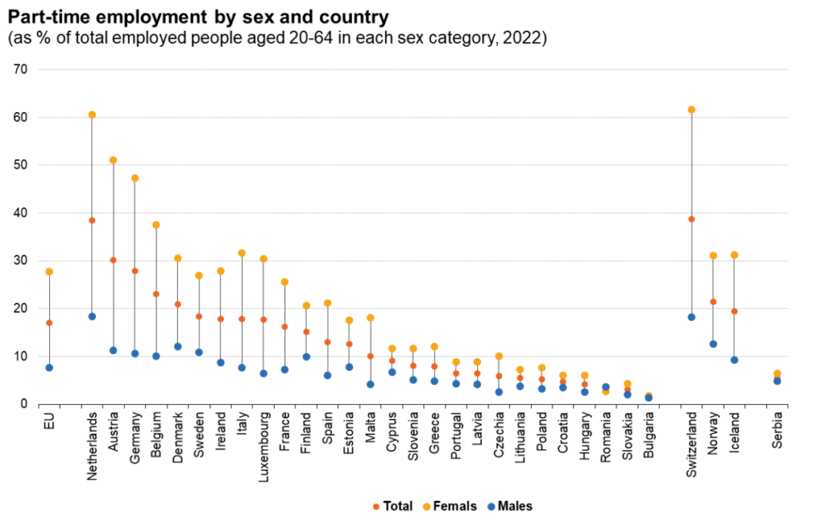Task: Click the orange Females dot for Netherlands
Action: click(92, 115)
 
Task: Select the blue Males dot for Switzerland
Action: click(692, 317)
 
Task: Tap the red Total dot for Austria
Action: click(114, 260)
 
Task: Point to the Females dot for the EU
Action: click(49, 272)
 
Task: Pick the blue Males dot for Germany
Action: click(135, 353)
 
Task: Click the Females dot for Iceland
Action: click(734, 255)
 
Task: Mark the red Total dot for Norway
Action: click(713, 302)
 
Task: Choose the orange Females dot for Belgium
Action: click(156, 225)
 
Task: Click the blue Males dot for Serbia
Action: click(777, 381)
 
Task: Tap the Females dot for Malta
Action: click(370, 318)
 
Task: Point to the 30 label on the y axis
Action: click(21, 260)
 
